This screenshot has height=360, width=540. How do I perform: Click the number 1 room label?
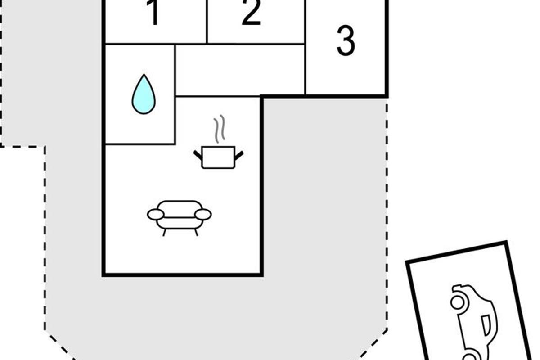[154, 13]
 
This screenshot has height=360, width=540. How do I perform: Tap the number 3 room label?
[346, 41]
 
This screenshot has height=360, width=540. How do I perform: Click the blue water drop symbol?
[144, 94]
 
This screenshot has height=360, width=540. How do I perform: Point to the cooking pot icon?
[218, 157]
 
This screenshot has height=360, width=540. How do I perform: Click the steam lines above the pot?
[219, 129]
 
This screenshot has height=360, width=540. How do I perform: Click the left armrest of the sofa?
[156, 215]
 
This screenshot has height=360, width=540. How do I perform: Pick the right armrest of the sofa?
[203, 215]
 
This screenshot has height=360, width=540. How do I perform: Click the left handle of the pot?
[198, 155]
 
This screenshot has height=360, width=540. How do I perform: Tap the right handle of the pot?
[239, 155]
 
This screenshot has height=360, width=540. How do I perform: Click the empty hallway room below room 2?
[240, 70]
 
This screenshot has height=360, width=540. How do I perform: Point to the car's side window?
[486, 325]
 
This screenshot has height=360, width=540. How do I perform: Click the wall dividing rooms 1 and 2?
[207, 22]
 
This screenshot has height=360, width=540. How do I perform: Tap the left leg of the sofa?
[164, 232]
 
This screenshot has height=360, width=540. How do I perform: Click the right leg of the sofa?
[196, 232]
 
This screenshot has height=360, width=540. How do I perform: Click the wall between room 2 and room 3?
[305, 45]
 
